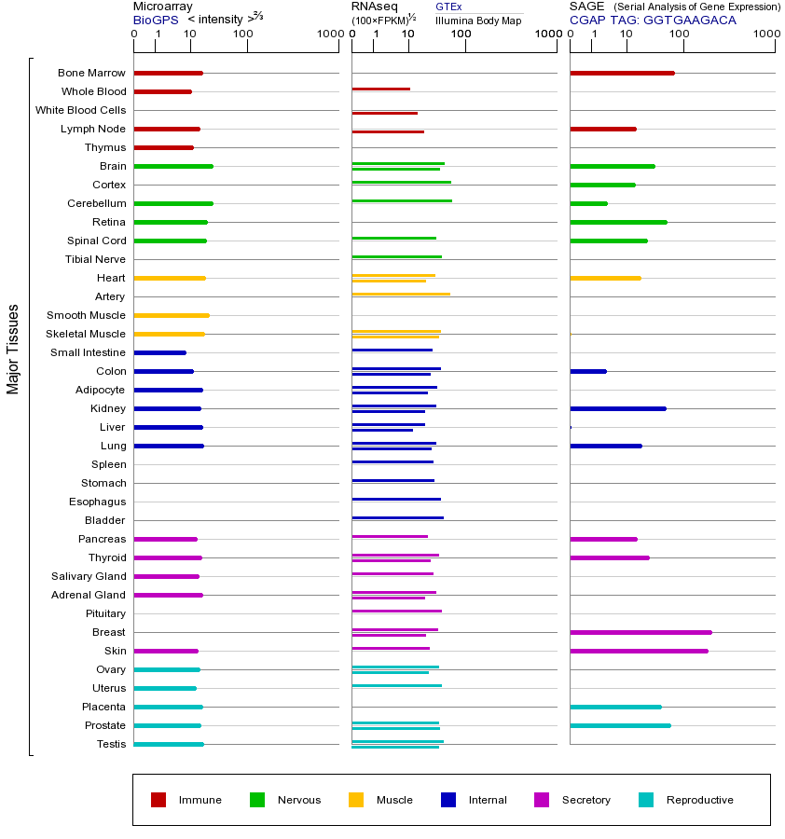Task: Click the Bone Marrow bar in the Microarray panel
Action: [x=168, y=73]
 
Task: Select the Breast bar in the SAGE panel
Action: [x=640, y=632]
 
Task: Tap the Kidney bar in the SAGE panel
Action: [x=617, y=408]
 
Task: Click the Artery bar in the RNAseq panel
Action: [x=401, y=294]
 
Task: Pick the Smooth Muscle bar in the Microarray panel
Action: [x=172, y=315]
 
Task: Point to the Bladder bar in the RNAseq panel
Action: [x=397, y=517]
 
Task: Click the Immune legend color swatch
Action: [x=158, y=800]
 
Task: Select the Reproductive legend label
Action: [x=699, y=800]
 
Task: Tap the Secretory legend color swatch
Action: [x=542, y=800]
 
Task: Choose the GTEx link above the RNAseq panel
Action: [x=448, y=7]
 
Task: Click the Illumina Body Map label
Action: [x=478, y=20]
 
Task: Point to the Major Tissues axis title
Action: [x=13, y=349]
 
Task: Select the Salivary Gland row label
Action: [x=89, y=576]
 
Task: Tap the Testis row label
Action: [x=111, y=744]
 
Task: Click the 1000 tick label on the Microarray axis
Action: [x=328, y=34]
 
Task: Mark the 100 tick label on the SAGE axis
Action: [x=680, y=34]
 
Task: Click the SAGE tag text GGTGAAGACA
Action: [x=689, y=20]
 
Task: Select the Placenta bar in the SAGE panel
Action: [x=615, y=707]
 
